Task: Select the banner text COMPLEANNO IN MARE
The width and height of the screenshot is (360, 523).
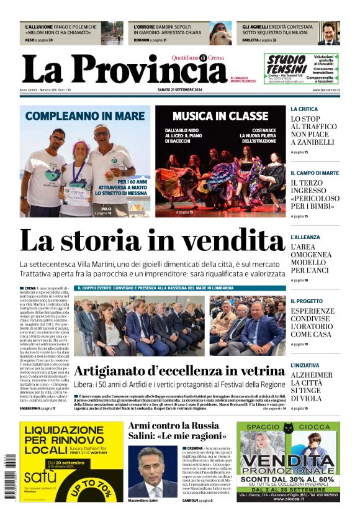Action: (x=85, y=116)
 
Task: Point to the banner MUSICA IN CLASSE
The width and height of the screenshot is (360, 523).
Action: (x=220, y=116)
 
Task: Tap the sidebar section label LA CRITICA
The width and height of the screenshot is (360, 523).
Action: (x=304, y=109)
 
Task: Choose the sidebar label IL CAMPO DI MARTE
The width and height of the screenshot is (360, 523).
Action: (x=315, y=173)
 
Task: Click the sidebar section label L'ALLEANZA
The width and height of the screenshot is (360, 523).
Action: (x=305, y=237)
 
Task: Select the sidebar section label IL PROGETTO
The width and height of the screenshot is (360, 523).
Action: (x=307, y=301)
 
